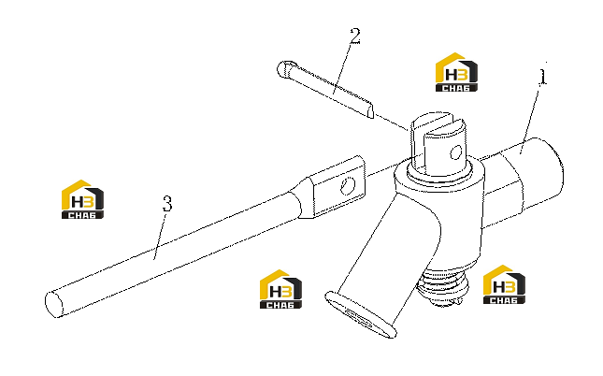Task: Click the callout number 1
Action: pyautogui.click(x=542, y=77)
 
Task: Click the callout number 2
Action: pyautogui.click(x=355, y=36)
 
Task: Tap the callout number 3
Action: pyautogui.click(x=167, y=204)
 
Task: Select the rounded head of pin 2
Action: pyautogui.click(x=284, y=69)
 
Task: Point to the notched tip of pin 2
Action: pyautogui.click(x=368, y=110)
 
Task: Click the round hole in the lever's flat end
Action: pyautogui.click(x=349, y=186)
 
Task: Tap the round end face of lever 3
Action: pyautogui.click(x=53, y=304)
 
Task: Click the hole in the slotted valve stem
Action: pyautogui.click(x=455, y=152)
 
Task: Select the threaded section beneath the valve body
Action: pyautogui.click(x=445, y=286)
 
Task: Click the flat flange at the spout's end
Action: pyautogui.click(x=360, y=315)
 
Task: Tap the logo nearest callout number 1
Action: pyautogui.click(x=456, y=72)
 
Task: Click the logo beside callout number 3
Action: pyautogui.click(x=82, y=199)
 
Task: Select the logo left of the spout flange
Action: pyautogui.click(x=280, y=289)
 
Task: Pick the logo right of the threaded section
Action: pyautogui.click(x=504, y=284)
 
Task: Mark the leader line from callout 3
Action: pyautogui.click(x=160, y=237)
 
